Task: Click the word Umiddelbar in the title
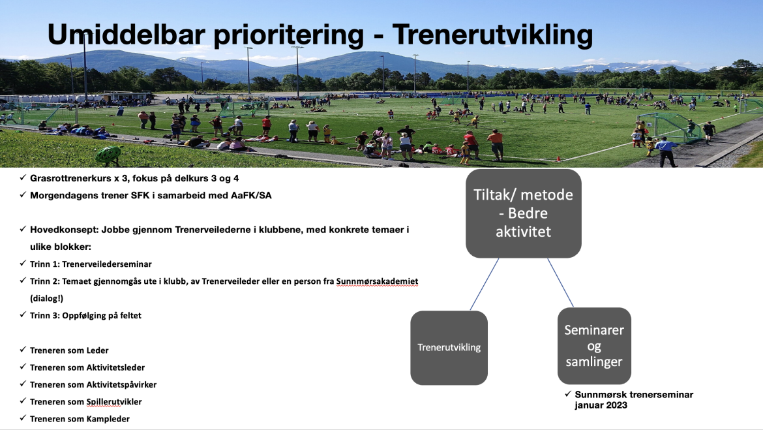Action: click(126, 35)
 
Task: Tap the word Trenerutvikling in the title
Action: click(492, 35)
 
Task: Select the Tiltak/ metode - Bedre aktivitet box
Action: click(524, 213)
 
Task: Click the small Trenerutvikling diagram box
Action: click(449, 348)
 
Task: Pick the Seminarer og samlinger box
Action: click(594, 346)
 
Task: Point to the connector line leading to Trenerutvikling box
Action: click(484, 284)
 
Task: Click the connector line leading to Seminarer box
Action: click(561, 283)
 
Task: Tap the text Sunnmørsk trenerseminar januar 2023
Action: click(634, 400)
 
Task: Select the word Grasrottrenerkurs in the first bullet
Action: click(70, 178)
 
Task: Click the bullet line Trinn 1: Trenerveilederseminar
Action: click(91, 264)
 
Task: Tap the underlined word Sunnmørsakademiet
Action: click(377, 281)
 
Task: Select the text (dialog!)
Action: click(47, 298)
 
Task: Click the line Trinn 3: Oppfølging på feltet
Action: click(85, 316)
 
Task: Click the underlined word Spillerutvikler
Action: click(114, 402)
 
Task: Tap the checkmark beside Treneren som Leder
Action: click(23, 350)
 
